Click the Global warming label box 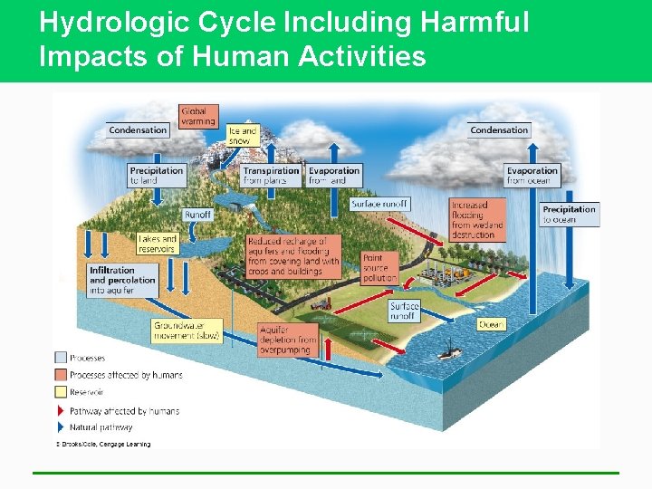197,116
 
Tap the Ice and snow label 243,136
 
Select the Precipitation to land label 157,175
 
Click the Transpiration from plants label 270,175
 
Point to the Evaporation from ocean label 532,175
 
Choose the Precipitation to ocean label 569,214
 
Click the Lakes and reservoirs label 157,244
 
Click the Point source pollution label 379,267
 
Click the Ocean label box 491,324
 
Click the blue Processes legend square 61,359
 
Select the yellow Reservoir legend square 61,392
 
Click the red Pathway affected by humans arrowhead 61,410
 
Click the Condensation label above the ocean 499,130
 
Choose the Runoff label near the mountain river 198,215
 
